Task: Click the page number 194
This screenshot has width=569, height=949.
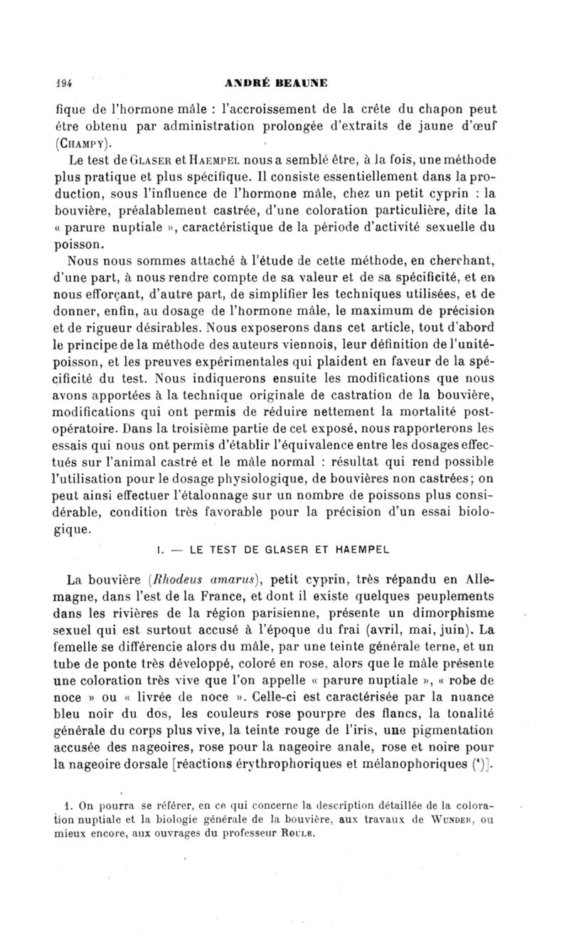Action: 67,82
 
